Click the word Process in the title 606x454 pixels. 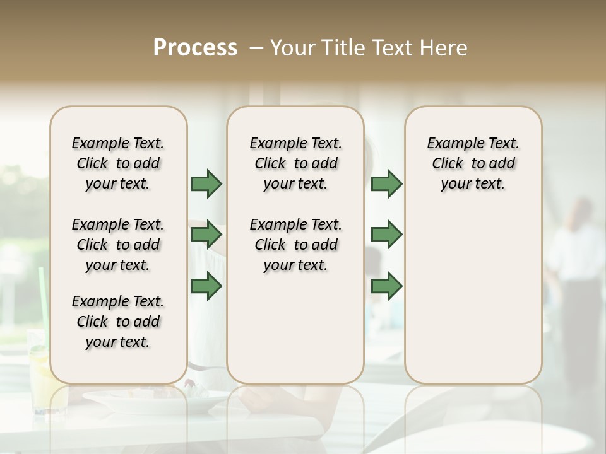pos(195,48)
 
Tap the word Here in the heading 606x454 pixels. pos(444,48)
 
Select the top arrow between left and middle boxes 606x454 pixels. pos(206,183)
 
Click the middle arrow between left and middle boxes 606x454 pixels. pos(206,235)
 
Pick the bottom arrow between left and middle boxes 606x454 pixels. pos(206,286)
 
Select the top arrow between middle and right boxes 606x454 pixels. pos(386,183)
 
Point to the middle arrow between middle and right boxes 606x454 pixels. pos(386,235)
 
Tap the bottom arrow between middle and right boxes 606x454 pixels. pos(386,286)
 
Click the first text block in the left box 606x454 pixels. pos(118,163)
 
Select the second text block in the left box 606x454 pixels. pos(118,245)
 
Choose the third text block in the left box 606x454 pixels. pos(118,322)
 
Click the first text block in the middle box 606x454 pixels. pos(295,163)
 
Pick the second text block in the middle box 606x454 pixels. pos(295,245)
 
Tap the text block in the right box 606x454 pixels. pos(473,163)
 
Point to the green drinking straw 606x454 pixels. pos(42,303)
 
